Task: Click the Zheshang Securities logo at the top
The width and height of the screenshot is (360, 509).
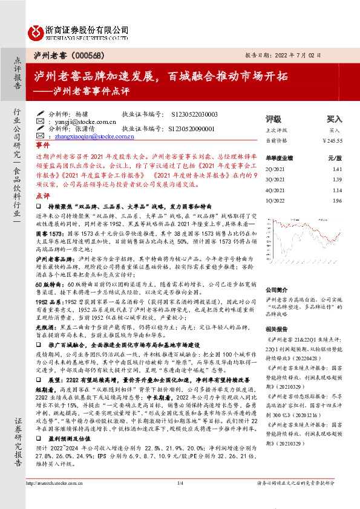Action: click(x=78, y=31)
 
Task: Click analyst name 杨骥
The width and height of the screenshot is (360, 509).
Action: click(x=82, y=114)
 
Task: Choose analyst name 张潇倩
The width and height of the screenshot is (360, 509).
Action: click(x=85, y=129)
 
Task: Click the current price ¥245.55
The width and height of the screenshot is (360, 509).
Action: click(x=332, y=140)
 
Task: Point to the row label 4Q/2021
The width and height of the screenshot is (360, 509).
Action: click(x=275, y=190)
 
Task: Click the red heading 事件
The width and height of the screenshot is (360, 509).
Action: click(x=43, y=146)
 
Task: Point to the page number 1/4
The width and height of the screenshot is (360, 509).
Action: click(x=180, y=501)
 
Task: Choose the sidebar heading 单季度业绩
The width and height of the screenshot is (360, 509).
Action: click(x=280, y=158)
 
